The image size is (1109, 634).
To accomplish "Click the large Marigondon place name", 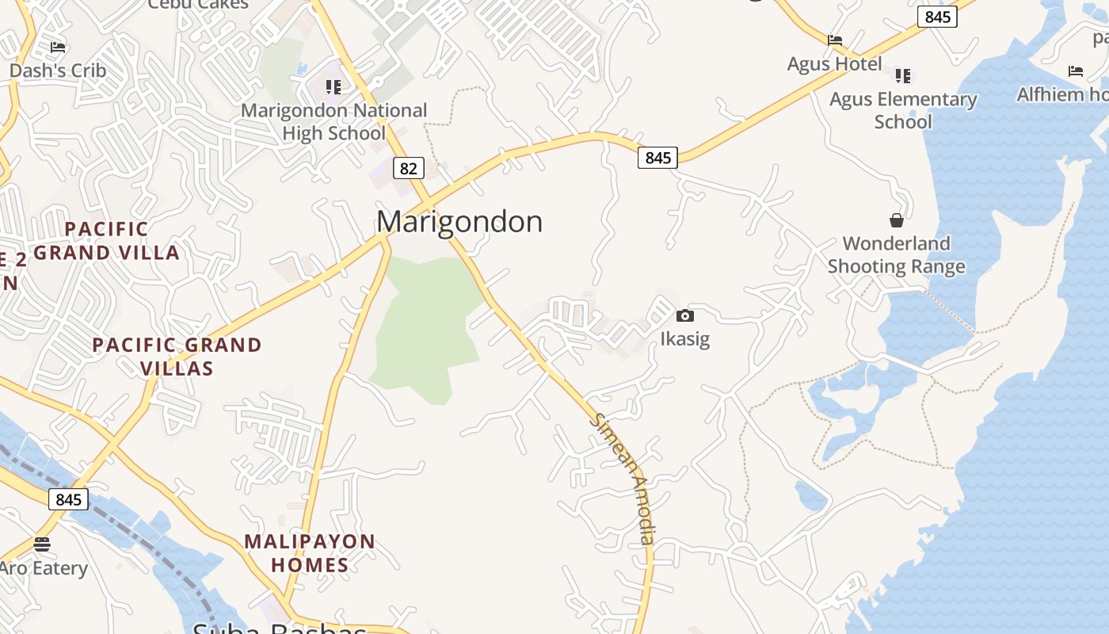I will (x=459, y=221).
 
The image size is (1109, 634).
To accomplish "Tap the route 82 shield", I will (x=408, y=168).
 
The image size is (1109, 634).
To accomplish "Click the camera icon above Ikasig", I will (x=685, y=315).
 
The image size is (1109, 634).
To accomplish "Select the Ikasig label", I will (x=685, y=339).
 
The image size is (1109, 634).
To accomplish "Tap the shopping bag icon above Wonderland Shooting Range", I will (x=897, y=220).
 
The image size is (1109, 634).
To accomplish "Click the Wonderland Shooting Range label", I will (x=897, y=254).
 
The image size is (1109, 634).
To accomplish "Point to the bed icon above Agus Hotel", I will (x=835, y=40).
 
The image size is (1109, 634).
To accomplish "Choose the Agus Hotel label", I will (x=835, y=64).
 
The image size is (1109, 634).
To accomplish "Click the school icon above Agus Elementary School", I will (x=903, y=76).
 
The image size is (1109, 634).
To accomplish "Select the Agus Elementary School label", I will (x=903, y=110).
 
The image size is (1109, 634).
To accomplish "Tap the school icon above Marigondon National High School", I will (x=333, y=86).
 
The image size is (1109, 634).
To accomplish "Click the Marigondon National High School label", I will (x=333, y=121).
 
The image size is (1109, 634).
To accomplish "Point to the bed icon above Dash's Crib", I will (x=58, y=48).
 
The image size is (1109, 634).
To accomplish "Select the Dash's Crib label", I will (x=58, y=71).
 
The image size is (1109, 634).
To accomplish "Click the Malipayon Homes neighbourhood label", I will (x=310, y=553).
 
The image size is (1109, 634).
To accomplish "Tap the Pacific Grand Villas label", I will (x=177, y=357).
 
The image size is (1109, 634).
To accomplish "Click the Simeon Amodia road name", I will (x=624, y=479).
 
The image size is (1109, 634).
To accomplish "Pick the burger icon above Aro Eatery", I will (x=42, y=544).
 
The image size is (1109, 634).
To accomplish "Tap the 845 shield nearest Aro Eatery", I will (x=68, y=499).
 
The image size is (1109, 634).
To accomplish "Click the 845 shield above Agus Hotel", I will (x=937, y=17).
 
